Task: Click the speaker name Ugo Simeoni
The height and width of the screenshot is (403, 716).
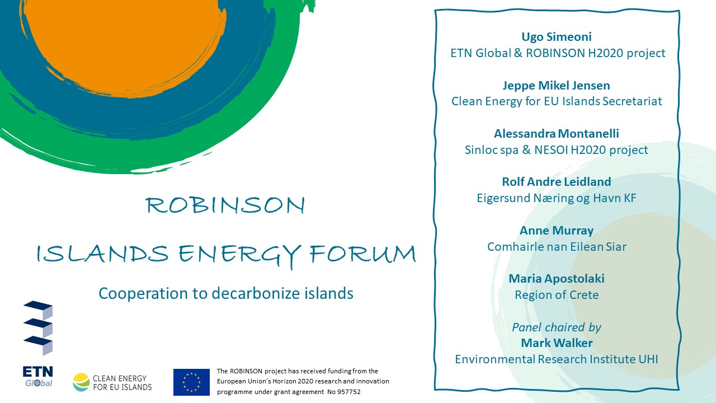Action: pos(557,37)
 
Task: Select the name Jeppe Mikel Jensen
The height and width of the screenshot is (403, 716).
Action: pos(557,86)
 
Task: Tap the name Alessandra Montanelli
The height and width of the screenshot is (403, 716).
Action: pos(557,134)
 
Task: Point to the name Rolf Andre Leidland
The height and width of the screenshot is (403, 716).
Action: pos(557,182)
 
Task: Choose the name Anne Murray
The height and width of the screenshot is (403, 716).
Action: pos(557,231)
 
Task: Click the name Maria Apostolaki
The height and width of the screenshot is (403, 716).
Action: pos(557,279)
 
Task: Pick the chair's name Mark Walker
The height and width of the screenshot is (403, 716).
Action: pos(557,343)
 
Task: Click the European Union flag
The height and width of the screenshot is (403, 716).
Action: pos(191,382)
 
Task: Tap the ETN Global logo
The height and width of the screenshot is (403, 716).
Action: pos(38,344)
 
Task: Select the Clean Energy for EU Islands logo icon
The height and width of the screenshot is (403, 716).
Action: pos(81,382)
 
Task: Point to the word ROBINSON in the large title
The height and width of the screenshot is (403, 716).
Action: pos(225,205)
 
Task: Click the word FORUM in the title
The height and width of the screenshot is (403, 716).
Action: pos(362,254)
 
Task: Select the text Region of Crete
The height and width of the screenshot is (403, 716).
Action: pos(557,295)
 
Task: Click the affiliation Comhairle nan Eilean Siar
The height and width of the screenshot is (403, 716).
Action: pos(557,247)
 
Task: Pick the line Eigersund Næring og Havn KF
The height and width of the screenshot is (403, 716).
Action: pos(557,198)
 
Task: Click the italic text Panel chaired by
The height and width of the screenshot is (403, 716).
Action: pos(557,327)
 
